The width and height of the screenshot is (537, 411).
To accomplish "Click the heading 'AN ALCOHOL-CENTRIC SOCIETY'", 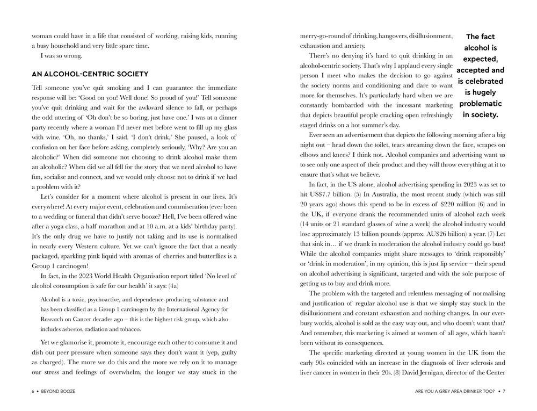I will click(x=90, y=74).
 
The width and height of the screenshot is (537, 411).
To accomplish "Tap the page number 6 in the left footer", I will click(x=33, y=391).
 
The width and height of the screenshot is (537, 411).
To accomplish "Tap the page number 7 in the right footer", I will click(x=504, y=391).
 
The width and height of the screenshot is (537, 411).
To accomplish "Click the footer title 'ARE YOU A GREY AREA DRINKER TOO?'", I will click(x=455, y=391).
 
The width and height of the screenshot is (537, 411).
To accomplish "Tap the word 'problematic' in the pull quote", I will click(x=480, y=104).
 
